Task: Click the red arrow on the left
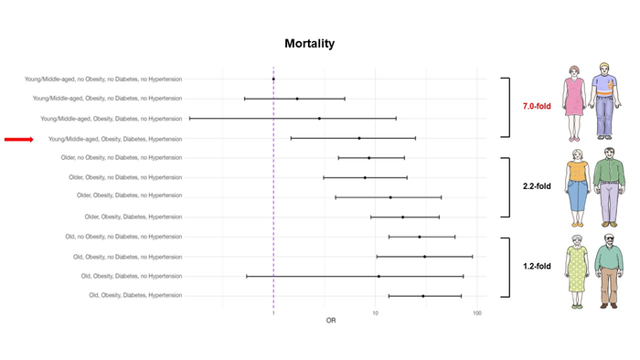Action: coord(19,139)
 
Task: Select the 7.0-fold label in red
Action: coord(526,107)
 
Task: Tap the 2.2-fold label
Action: coord(526,186)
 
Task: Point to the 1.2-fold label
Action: coord(526,267)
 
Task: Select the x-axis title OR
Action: coord(331,321)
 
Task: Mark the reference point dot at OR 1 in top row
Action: coord(273,79)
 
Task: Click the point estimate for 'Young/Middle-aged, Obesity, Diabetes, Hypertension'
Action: coord(359,138)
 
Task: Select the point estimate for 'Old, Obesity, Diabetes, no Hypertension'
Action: coord(379,276)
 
